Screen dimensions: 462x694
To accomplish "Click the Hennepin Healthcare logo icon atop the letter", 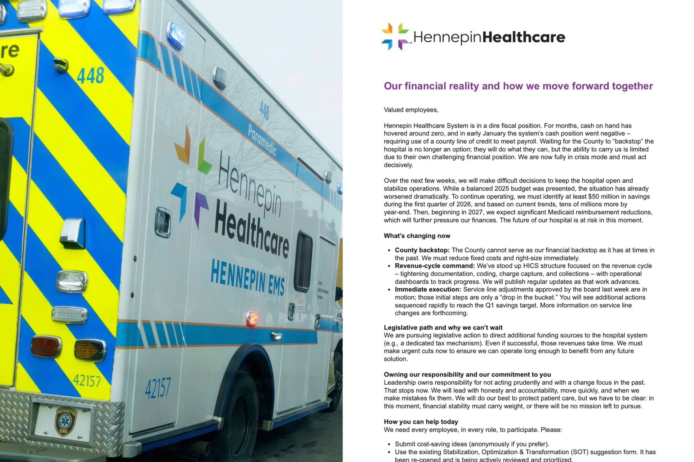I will [x=395, y=36].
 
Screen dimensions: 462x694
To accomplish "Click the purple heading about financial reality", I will [x=518, y=86].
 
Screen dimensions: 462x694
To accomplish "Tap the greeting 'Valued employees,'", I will [x=411, y=110].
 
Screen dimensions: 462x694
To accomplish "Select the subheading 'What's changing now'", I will [x=417, y=236].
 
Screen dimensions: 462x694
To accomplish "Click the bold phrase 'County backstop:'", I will [x=422, y=250].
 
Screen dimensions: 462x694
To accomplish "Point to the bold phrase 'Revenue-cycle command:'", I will [x=435, y=266].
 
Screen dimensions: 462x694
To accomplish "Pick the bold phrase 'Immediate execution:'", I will [x=428, y=289].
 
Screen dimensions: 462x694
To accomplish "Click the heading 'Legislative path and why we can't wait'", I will [x=443, y=327].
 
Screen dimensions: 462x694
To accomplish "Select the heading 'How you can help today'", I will [x=421, y=422].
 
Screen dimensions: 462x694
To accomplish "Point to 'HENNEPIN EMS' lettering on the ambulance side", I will [x=248, y=278].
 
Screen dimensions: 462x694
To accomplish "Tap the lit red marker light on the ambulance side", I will [x=252, y=319].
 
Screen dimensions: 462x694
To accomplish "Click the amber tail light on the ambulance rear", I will [x=90, y=350].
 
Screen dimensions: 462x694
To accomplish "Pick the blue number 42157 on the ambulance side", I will [x=158, y=388].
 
